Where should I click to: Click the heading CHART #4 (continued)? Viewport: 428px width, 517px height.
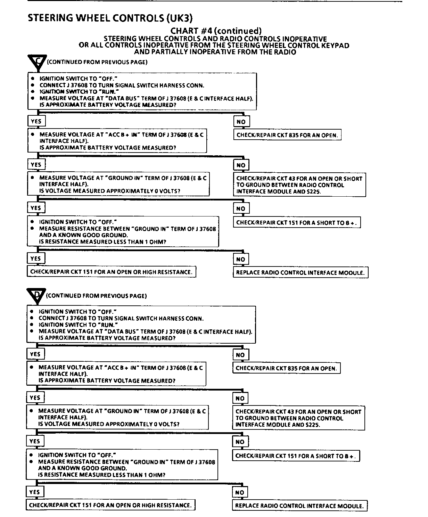click(215, 31)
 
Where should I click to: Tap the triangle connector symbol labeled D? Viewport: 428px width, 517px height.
click(36, 296)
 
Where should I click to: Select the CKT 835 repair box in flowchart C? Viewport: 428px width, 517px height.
click(287, 135)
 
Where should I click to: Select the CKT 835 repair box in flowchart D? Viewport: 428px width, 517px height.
click(286, 368)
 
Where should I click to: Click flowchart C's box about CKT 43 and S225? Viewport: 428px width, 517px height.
click(299, 185)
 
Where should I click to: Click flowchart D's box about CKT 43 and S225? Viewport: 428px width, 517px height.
click(299, 418)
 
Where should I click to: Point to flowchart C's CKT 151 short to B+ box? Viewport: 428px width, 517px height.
click(297, 223)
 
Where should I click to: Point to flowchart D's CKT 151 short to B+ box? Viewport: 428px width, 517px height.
click(296, 456)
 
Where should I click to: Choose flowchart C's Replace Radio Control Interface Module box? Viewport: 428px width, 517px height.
click(301, 273)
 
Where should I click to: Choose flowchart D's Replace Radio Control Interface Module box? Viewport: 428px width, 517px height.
click(299, 506)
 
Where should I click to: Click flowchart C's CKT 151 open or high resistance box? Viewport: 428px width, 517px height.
click(111, 272)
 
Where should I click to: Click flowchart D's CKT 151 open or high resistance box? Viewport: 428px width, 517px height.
click(110, 505)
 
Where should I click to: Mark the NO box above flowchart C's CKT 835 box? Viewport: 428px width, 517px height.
click(241, 122)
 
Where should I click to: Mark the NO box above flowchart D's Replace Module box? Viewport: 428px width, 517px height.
click(240, 492)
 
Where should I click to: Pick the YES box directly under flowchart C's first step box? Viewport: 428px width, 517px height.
click(36, 121)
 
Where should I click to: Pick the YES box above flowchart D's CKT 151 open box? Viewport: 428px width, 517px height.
click(34, 492)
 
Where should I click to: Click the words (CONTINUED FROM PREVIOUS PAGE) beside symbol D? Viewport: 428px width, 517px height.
click(96, 296)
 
